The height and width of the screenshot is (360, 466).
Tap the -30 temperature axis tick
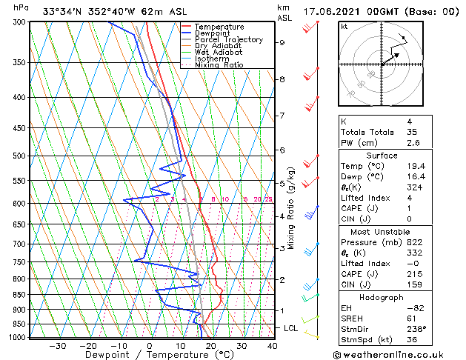[x=57, y=345]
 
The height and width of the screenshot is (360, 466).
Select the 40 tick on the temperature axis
[x=273, y=345]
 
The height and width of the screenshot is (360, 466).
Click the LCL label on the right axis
[x=291, y=327]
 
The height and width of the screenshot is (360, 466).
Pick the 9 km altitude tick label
[x=282, y=43]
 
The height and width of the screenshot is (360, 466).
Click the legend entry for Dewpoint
[x=213, y=33]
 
